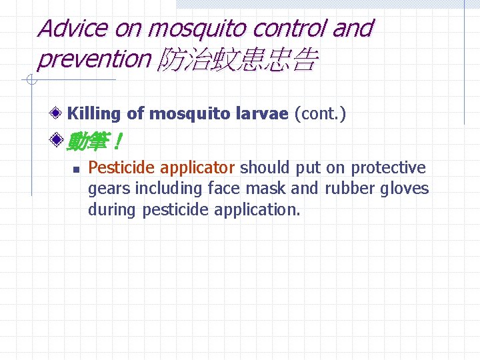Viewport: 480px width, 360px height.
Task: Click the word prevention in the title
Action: [x=94, y=59]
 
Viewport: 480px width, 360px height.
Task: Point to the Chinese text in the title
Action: [x=237, y=61]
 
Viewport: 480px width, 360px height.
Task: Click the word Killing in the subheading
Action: [x=94, y=114]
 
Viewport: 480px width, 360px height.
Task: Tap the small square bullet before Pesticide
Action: [x=77, y=169]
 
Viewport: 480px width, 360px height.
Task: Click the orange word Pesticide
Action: [x=121, y=167]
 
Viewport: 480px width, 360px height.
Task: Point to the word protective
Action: [x=389, y=167]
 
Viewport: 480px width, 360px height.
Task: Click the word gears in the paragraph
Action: [x=109, y=189]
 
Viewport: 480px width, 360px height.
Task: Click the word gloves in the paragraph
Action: [x=405, y=189]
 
